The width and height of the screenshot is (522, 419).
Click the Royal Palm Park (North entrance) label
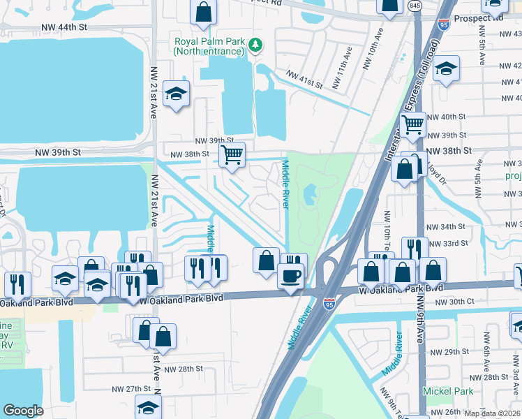click(x=210, y=45)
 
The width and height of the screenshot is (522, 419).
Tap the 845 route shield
click(x=416, y=6)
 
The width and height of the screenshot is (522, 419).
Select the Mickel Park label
click(x=447, y=391)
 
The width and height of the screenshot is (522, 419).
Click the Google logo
click(x=23, y=411)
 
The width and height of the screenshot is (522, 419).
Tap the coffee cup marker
click(x=290, y=275)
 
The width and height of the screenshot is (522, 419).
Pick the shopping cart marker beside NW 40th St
click(x=413, y=125)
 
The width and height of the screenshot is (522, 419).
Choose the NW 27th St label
click(x=132, y=388)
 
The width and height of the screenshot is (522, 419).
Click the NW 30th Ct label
click(x=454, y=301)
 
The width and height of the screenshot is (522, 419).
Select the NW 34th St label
click(x=446, y=227)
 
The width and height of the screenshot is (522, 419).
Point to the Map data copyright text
click(x=492, y=413)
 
